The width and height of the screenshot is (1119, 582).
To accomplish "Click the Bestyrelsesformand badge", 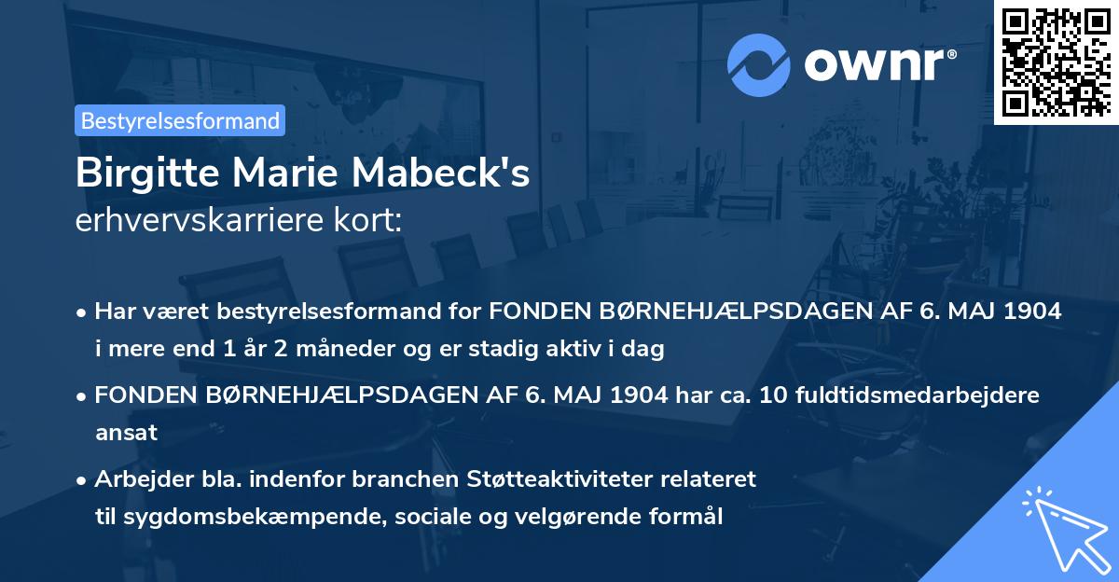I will (180, 120).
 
